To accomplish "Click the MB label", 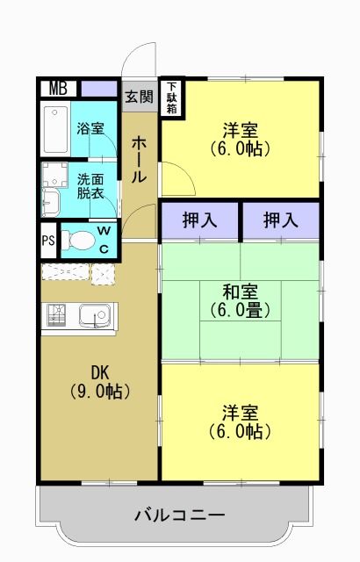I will coord(58,88).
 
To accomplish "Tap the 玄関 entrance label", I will coord(138,96).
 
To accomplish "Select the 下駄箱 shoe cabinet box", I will coord(172,97).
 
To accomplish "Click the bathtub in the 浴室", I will coord(56,129).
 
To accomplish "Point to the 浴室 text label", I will coord(90,129).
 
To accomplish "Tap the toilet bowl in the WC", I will coord(81,240).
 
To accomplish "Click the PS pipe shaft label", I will coord(47,240).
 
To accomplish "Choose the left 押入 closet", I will coord(199,220).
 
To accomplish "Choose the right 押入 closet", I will coord(281,220).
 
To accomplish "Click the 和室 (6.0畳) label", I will coord(239,300).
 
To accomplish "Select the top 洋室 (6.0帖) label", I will coord(239,140).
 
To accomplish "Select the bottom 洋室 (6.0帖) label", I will coord(239,421).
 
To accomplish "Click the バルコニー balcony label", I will coord(180,515).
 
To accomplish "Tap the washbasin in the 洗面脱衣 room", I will coord(50,202).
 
